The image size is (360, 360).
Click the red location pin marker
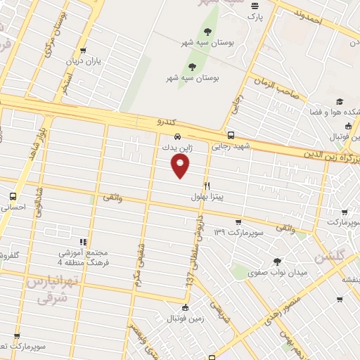tap(181, 166)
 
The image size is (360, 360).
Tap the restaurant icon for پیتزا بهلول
tap(207, 185)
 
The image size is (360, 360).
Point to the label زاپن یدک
tap(176, 148)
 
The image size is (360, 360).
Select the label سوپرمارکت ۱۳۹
tap(238, 231)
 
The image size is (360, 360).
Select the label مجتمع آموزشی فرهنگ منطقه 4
tap(84, 257)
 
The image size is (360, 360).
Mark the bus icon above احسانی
tap(13, 196)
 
